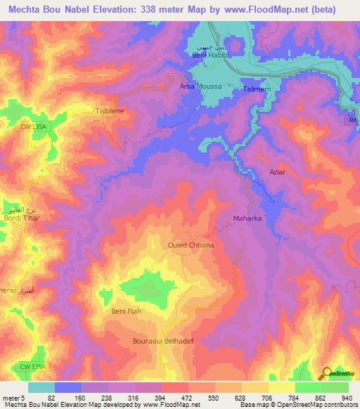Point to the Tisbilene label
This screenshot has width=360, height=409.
point(109,111)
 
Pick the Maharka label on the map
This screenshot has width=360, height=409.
point(247,219)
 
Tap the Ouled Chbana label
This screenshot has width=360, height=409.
point(191,245)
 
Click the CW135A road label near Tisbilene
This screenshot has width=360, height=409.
point(32,126)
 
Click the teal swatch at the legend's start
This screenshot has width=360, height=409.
point(41,387)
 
